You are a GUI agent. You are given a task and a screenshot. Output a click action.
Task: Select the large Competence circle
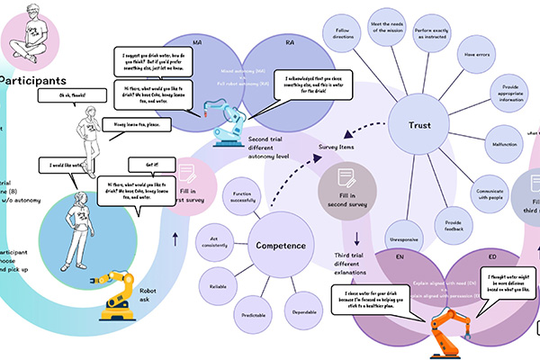[280, 244]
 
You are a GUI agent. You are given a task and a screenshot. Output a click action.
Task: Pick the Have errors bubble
[476, 54]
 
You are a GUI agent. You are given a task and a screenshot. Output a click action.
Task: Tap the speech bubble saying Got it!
[144, 165]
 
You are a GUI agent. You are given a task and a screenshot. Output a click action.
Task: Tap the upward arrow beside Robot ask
[173, 239]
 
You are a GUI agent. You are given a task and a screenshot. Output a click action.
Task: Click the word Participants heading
[35, 80]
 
